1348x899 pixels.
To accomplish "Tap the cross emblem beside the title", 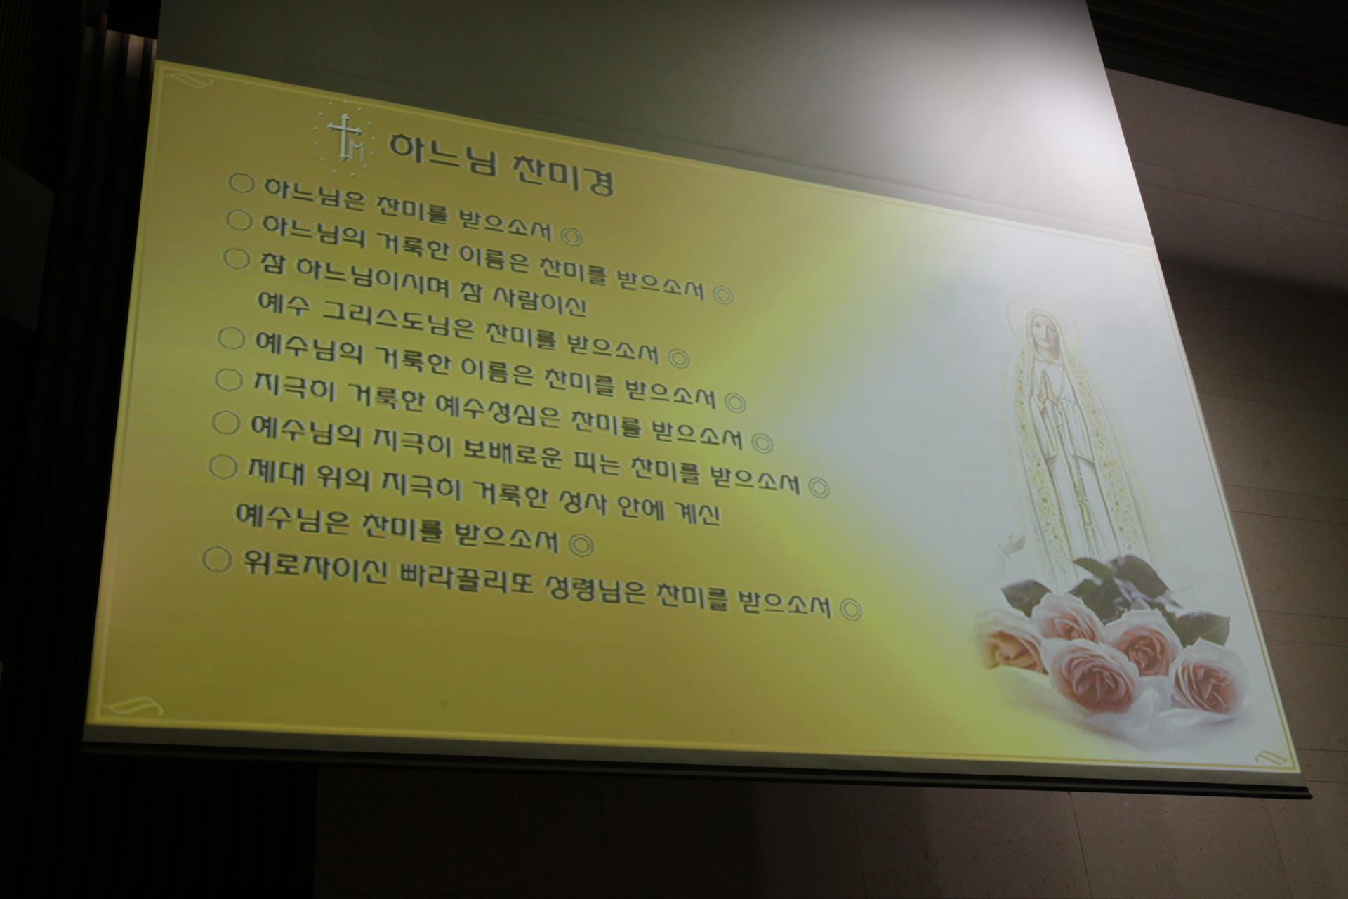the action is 345,137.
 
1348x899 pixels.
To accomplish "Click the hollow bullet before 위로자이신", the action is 217,560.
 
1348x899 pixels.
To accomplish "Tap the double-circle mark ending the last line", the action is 851,609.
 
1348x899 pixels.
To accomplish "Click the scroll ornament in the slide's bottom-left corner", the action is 137,706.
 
